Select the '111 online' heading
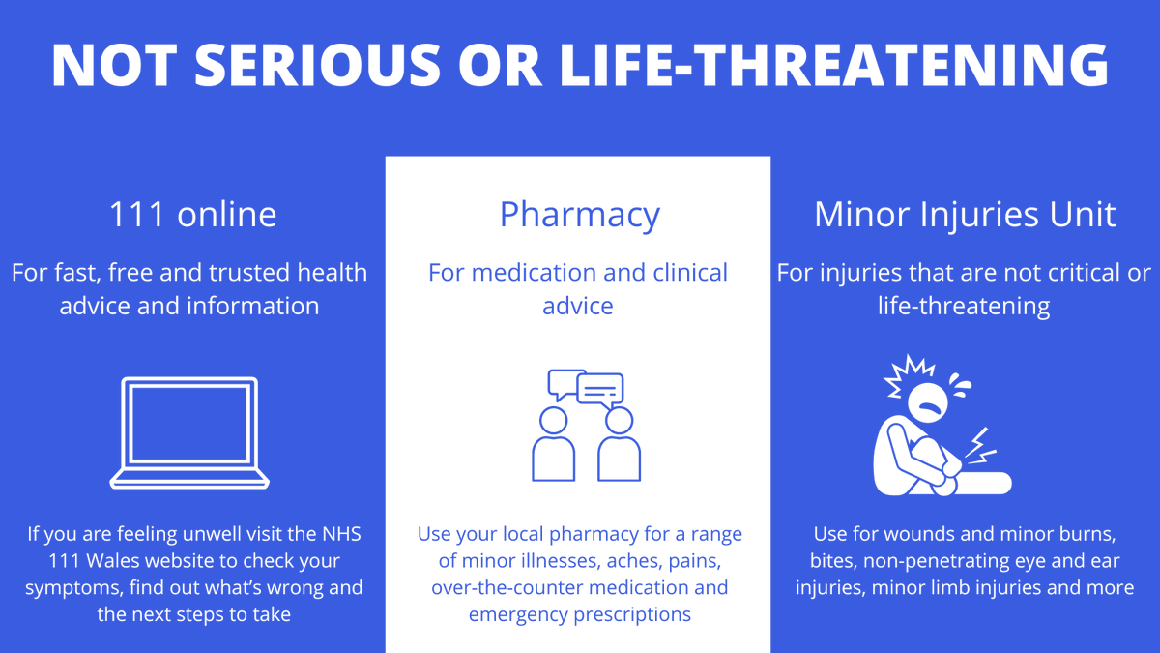click(x=192, y=214)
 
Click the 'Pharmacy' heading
click(x=579, y=214)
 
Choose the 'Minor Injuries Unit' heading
click(x=965, y=214)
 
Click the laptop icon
click(x=189, y=431)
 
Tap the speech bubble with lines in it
click(x=599, y=390)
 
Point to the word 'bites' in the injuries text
click(x=832, y=560)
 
